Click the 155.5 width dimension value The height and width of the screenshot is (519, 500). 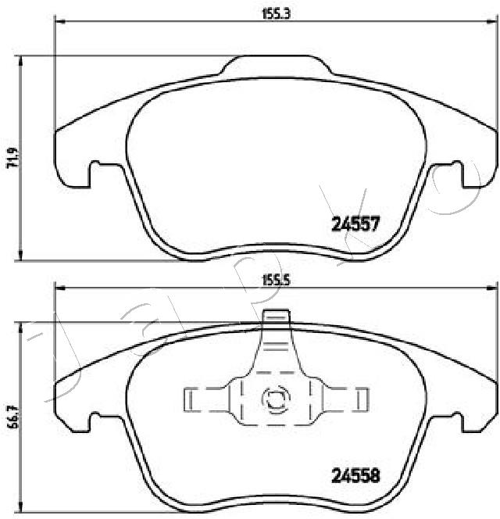coord(271,282)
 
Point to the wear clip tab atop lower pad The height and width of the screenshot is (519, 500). coord(276,320)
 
